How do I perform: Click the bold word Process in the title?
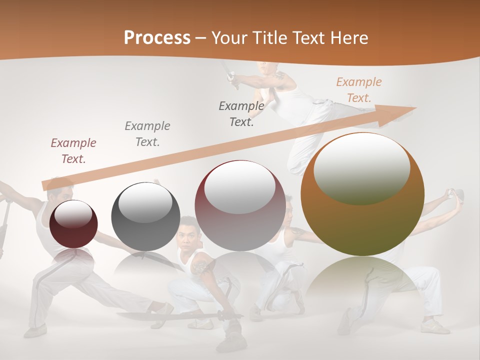coord(157,38)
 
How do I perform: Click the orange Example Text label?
coord(358,90)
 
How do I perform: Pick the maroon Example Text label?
coord(73,150)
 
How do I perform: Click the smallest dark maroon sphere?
coord(73,223)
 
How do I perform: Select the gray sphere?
coord(145,216)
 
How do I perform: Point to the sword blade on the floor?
coord(165,316)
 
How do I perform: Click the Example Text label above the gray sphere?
coord(147,133)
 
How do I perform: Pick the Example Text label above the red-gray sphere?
coord(241,113)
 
